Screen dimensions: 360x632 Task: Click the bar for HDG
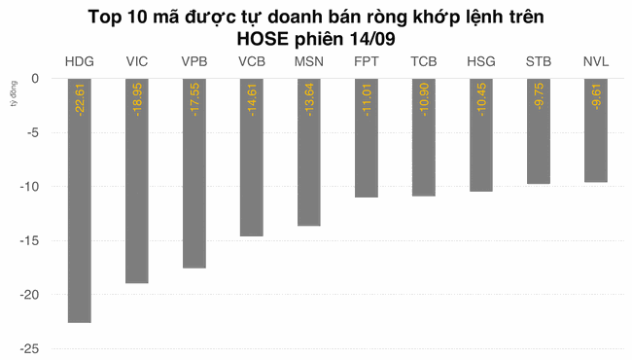point(80,199)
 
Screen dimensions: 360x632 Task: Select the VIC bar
point(137,181)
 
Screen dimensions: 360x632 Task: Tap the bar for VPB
point(194,173)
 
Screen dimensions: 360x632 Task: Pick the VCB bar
point(251,158)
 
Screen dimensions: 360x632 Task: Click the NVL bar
point(596,130)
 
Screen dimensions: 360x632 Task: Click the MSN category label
point(309,62)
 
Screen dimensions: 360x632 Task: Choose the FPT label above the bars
point(367,62)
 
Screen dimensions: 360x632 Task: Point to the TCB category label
point(424,62)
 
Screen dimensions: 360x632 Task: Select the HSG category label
point(481,62)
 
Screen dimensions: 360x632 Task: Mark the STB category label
point(539,62)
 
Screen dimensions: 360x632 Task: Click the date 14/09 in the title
point(369,38)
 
